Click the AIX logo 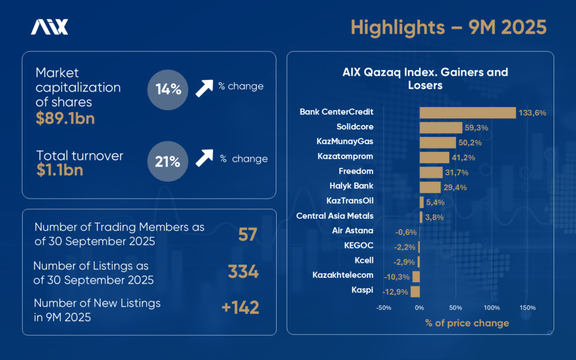(49, 27)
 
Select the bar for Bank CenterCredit (467, 112)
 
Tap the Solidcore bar (440, 127)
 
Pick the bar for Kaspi (415, 291)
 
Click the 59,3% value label (476, 128)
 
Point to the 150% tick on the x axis (528, 308)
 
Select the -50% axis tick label (384, 308)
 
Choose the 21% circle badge (168, 162)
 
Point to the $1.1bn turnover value (59, 170)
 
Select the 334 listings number (243, 272)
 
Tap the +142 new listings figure (240, 308)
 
